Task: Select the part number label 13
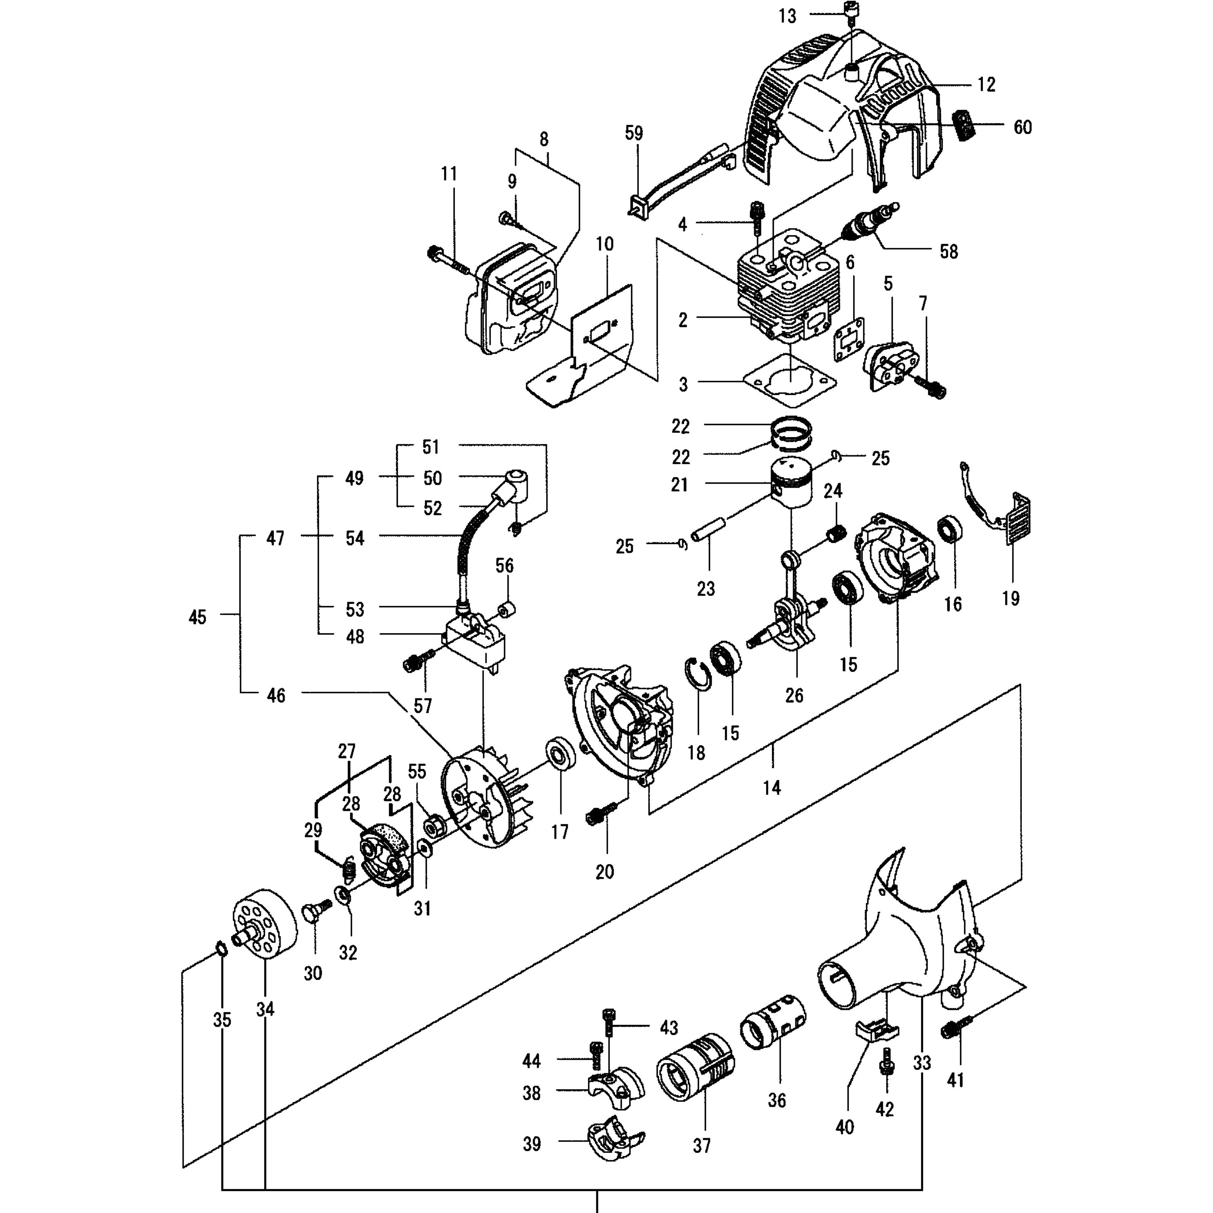787,16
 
